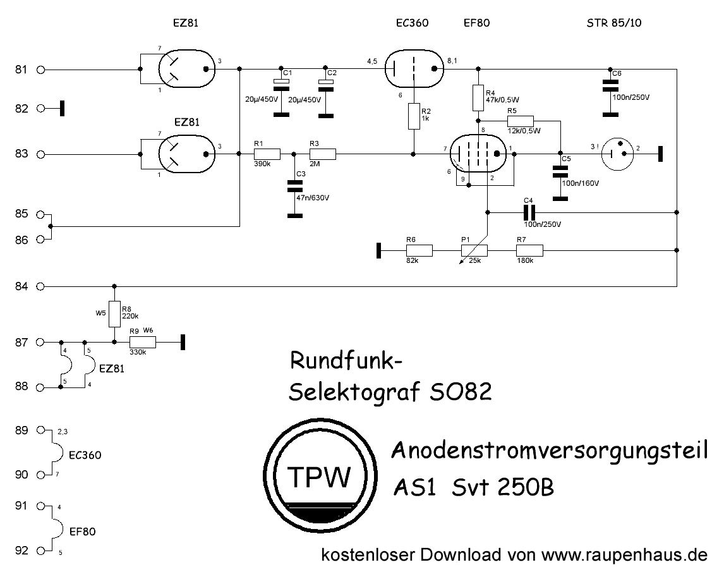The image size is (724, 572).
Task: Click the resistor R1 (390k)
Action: pos(267,154)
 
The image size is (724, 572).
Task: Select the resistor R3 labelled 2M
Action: pos(323,154)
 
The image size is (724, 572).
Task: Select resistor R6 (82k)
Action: pos(419,251)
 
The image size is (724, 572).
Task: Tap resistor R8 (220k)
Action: pos(114,313)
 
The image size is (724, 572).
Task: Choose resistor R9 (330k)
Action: pos(143,343)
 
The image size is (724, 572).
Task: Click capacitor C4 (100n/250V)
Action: pos(528,213)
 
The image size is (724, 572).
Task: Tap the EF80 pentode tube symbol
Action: pos(478,154)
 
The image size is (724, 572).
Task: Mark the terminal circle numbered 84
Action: pos(42,286)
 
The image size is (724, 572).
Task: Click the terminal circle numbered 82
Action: pos(42,109)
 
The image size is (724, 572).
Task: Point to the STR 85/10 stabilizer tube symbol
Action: pos(616,154)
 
